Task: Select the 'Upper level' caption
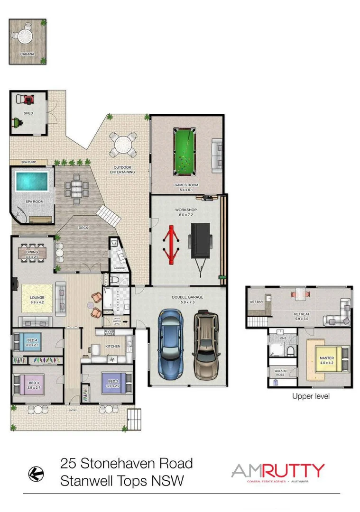click(311, 396)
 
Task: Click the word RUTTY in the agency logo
click(295, 471)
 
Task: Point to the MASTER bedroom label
click(326, 358)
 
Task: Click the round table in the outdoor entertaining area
click(123, 144)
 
